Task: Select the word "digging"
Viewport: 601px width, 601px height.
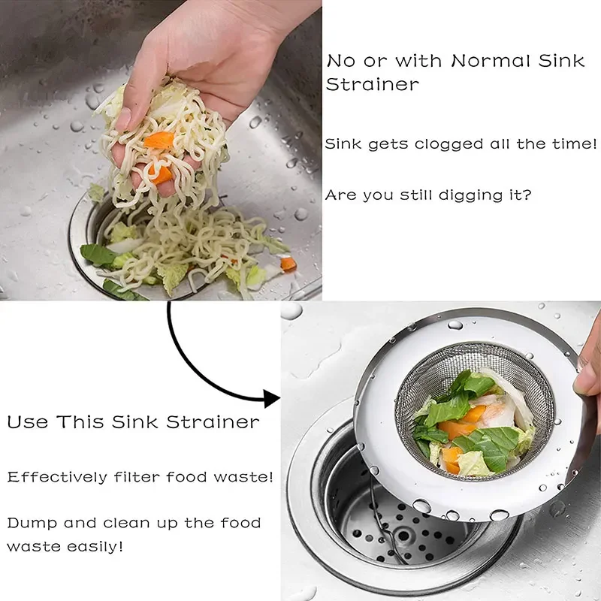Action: pyautogui.click(x=471, y=195)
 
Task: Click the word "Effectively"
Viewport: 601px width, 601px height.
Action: pyautogui.click(x=58, y=477)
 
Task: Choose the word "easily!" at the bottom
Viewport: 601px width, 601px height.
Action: pyautogui.click(x=95, y=546)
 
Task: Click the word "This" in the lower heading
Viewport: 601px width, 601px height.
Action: pyautogui.click(x=80, y=422)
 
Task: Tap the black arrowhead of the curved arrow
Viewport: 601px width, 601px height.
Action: pyautogui.click(x=272, y=399)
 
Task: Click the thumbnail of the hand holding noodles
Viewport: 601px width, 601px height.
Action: pyautogui.click(x=161, y=150)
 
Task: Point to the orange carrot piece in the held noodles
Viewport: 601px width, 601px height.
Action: pyautogui.click(x=159, y=140)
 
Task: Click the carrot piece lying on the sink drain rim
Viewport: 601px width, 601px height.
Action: pyautogui.click(x=288, y=264)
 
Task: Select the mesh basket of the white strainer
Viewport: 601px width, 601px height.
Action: pyautogui.click(x=475, y=410)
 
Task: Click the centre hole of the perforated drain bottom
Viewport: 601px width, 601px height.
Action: pyautogui.click(x=403, y=535)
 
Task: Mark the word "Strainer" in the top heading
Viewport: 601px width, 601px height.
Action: pyautogui.click(x=372, y=85)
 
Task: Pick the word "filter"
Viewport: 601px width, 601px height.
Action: pyautogui.click(x=137, y=477)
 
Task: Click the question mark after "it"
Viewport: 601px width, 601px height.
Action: pyautogui.click(x=527, y=195)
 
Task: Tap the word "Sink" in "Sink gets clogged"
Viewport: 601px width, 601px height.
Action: pyautogui.click(x=343, y=144)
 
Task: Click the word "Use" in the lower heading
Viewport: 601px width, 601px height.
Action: pyautogui.click(x=28, y=422)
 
